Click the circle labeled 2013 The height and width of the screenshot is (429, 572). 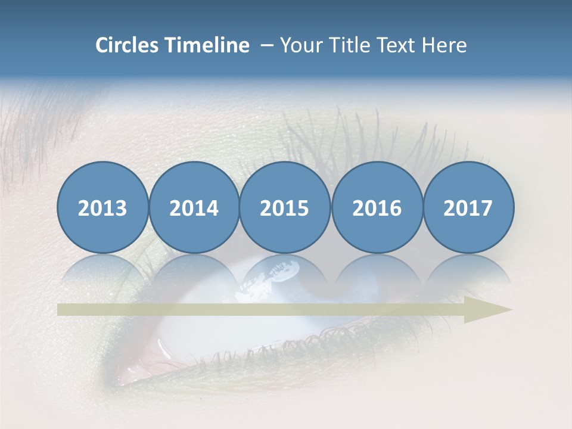pyautogui.click(x=102, y=207)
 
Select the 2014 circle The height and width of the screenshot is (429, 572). pyautogui.click(x=194, y=207)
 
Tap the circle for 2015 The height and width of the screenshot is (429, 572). pyautogui.click(x=285, y=207)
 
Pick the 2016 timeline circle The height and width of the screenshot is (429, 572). pyautogui.click(x=377, y=207)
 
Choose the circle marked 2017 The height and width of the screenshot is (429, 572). pyautogui.click(x=468, y=207)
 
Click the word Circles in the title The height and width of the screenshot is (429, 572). pyautogui.click(x=128, y=45)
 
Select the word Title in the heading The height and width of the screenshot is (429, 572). pyautogui.click(x=343, y=45)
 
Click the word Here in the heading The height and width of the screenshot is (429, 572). pyautogui.click(x=443, y=45)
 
